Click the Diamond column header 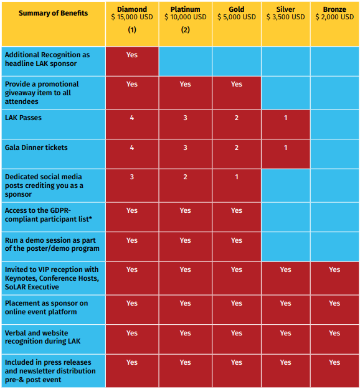click(132, 9)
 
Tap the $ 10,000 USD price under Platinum click(185, 17)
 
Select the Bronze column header click(334, 9)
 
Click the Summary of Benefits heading click(53, 13)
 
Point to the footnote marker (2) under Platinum click(185, 30)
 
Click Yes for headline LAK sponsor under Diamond click(132, 55)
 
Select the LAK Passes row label click(23, 118)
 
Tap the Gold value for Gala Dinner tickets click(236, 148)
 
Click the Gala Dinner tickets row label click(36, 148)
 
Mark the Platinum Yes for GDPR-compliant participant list click(185, 210)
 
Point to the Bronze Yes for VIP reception click(334, 269)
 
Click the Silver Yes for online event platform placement click(285, 303)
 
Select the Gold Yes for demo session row click(236, 240)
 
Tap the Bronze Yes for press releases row click(334, 362)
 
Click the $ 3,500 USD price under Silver click(285, 17)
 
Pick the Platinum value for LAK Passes click(185, 118)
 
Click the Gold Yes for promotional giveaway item click(236, 84)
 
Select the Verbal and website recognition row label click(42, 337)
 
